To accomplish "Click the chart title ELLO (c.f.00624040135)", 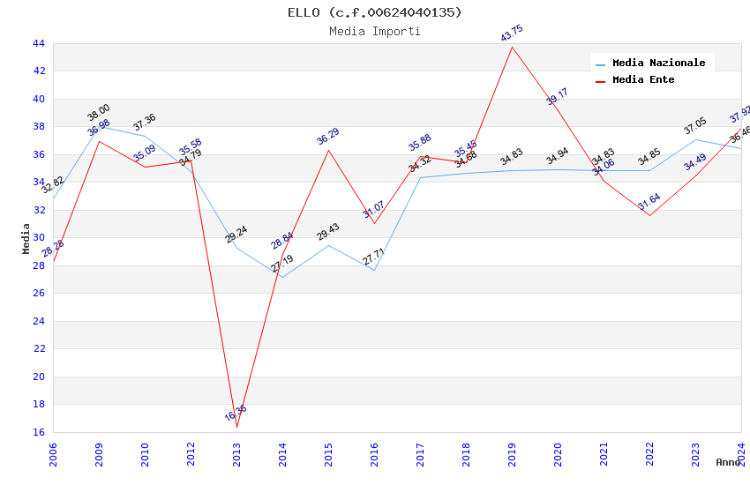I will click(x=375, y=12).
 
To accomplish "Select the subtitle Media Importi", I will click(x=375, y=31).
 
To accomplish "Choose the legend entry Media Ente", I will click(x=643, y=79).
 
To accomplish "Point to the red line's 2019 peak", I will click(x=512, y=46).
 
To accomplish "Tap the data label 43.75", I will click(x=512, y=34).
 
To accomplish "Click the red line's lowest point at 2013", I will click(x=236, y=427).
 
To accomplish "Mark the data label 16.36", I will click(x=236, y=413).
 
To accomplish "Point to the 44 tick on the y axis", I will click(x=38, y=43).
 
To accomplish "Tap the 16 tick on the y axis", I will click(x=38, y=432).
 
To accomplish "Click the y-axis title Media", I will click(x=26, y=238).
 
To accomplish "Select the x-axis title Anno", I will click(x=728, y=462).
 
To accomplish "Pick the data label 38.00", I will click(x=99, y=113).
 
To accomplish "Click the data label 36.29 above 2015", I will click(x=328, y=137).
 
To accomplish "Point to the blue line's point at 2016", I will click(x=374, y=270).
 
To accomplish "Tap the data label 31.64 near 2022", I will click(x=649, y=202).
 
